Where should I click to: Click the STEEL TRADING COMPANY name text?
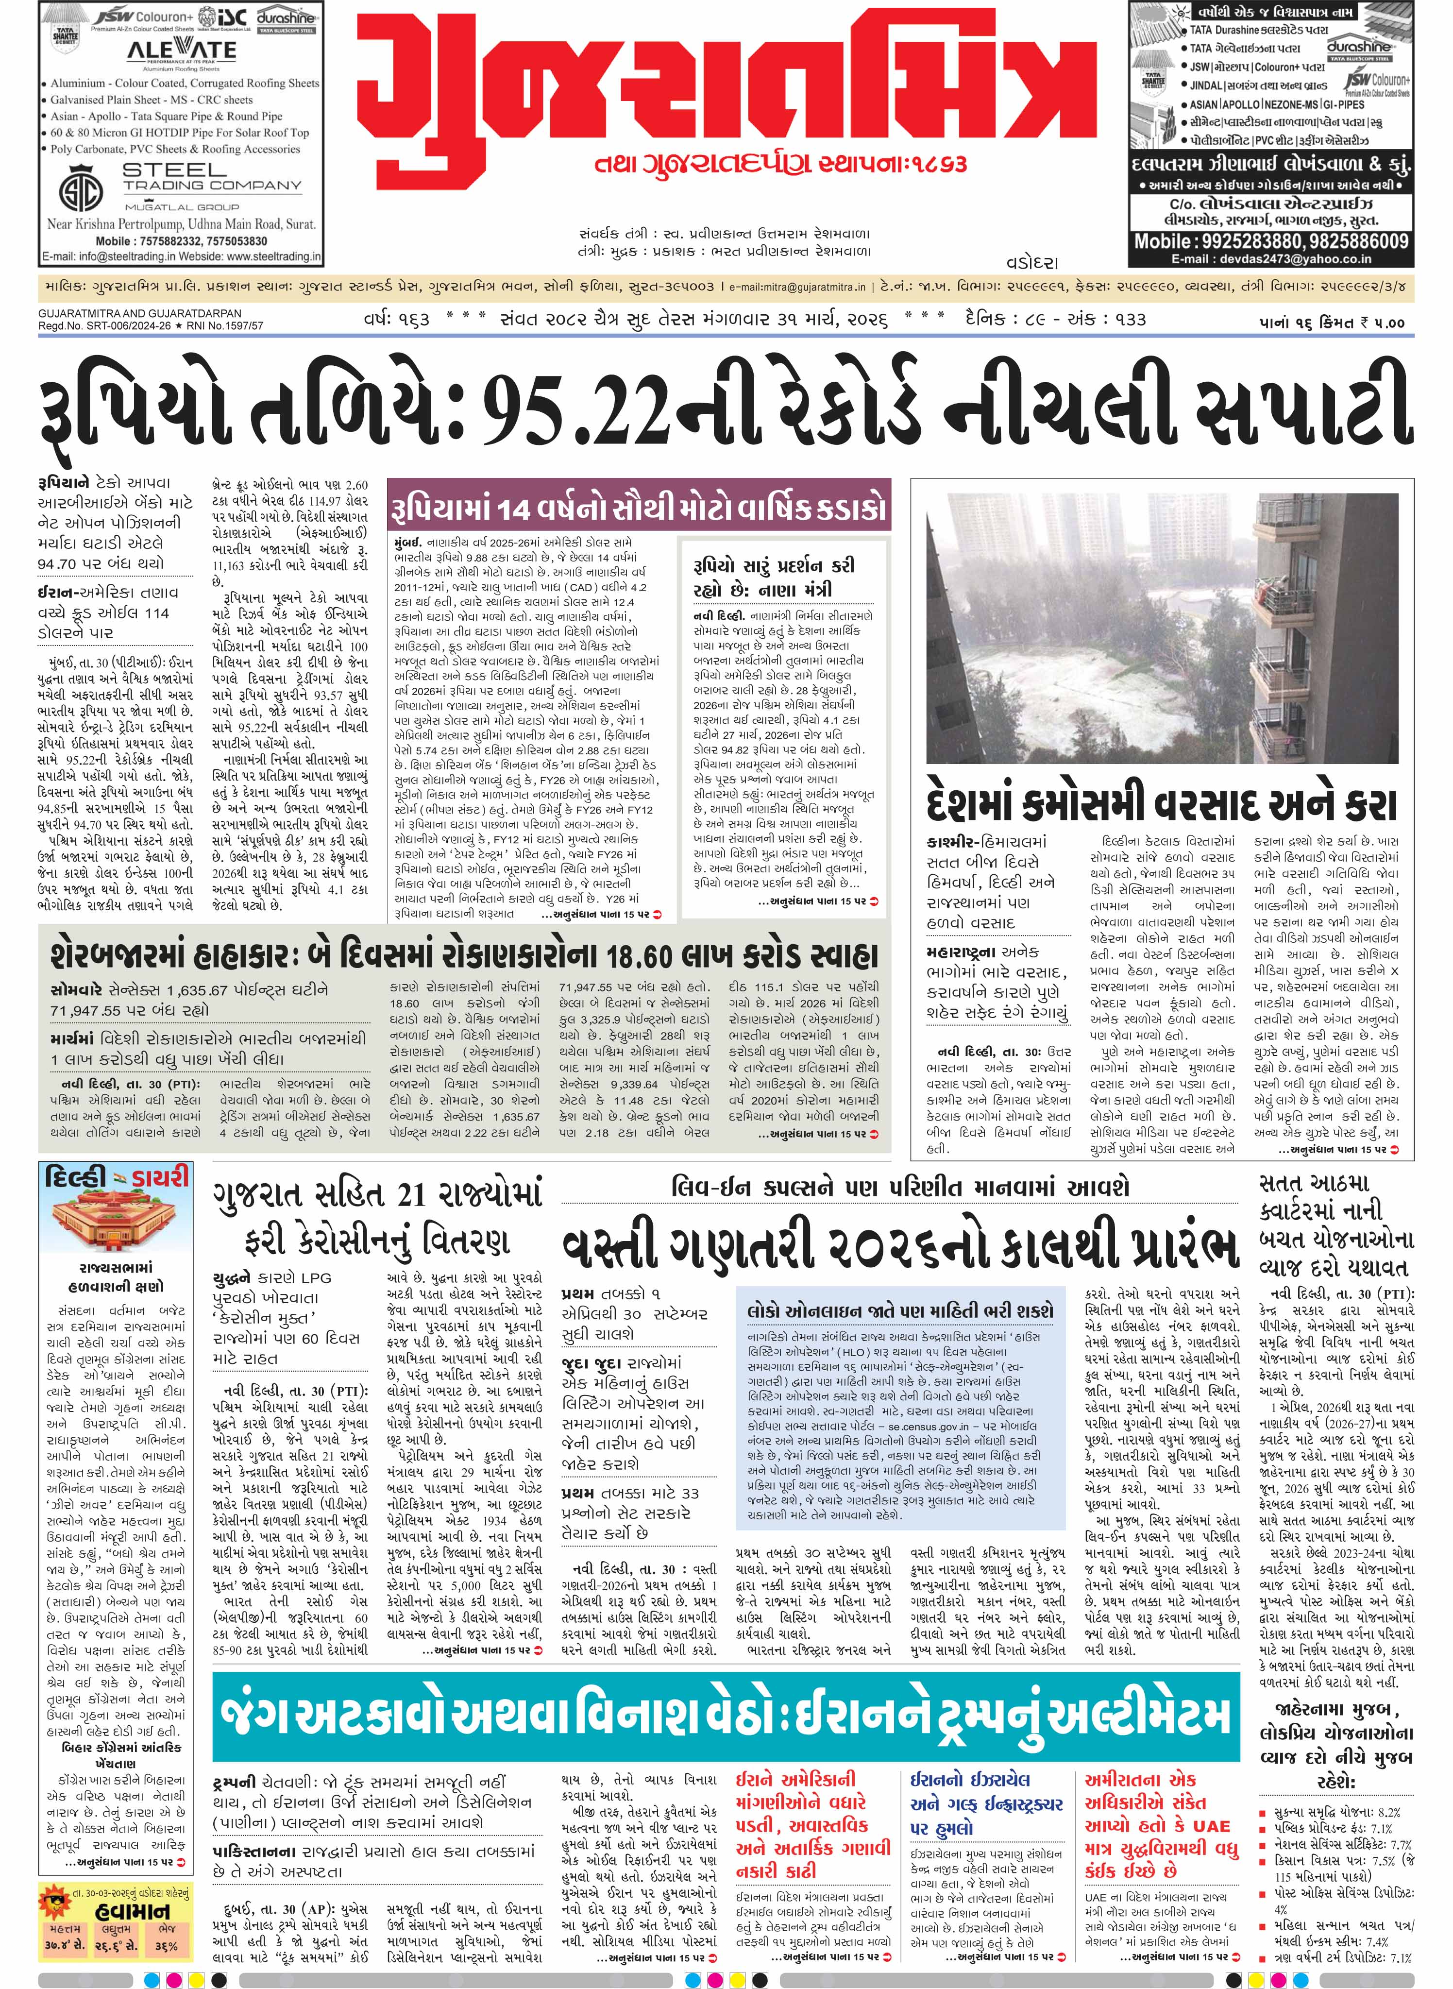tap(212, 178)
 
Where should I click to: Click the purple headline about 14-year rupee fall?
tap(640, 509)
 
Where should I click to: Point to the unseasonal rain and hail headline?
tap(1161, 804)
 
